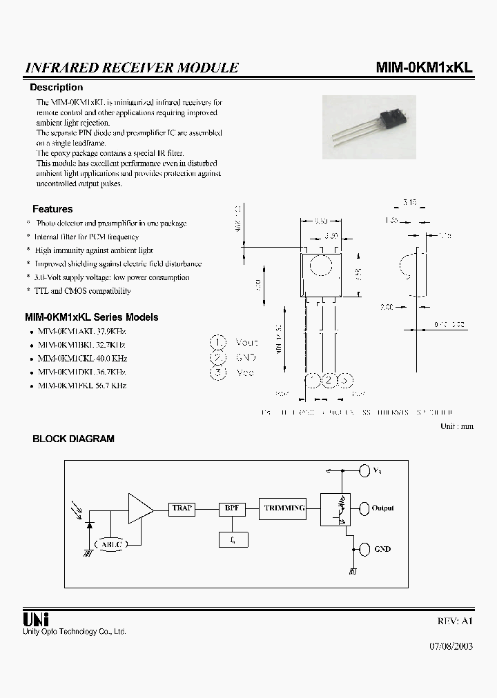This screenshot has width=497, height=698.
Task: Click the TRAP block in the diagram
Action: [x=182, y=508]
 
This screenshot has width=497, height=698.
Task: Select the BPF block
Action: [x=231, y=508]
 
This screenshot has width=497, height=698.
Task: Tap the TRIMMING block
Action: [x=284, y=508]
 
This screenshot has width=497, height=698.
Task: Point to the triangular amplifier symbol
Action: [x=140, y=508]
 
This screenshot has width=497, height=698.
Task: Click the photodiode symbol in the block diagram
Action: [x=90, y=524]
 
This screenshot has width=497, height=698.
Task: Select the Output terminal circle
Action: [x=364, y=508]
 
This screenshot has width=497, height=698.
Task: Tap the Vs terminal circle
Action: [x=364, y=471]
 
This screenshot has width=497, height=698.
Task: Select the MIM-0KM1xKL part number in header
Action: [x=424, y=68]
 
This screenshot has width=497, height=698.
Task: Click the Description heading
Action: [x=56, y=88]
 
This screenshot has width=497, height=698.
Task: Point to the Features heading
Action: [x=52, y=209]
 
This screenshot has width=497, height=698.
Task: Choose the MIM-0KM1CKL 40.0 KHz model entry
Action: [x=82, y=359]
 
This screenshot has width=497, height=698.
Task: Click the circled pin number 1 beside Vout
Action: [x=218, y=342]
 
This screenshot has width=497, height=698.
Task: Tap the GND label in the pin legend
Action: [x=246, y=357]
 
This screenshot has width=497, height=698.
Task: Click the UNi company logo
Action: [x=37, y=619]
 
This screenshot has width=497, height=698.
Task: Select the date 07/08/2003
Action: [x=451, y=648]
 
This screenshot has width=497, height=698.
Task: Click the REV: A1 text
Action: [x=456, y=621]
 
